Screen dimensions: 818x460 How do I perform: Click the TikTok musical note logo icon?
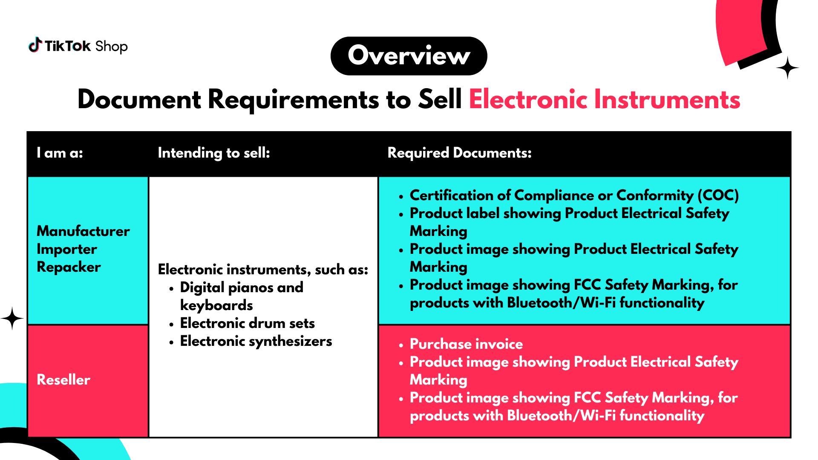35,45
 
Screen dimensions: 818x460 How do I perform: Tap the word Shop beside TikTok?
111,46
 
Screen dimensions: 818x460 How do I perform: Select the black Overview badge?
409,56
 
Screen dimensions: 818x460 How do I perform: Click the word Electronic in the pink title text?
528,100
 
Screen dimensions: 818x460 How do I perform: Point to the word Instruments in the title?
667,100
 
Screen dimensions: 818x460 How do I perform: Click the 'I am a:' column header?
60,153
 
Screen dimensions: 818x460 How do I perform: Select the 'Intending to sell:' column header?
214,153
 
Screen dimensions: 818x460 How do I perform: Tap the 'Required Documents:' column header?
460,153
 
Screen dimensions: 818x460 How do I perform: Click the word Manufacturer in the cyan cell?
84,231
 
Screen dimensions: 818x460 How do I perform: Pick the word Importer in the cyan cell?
67,249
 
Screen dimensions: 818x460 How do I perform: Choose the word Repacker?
69,267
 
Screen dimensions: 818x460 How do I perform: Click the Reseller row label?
63,380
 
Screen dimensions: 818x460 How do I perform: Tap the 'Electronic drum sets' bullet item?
248,323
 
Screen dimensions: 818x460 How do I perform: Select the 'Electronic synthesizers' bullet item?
256,341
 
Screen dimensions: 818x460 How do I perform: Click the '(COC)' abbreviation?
718,195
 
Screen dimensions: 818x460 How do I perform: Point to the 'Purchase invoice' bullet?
467,344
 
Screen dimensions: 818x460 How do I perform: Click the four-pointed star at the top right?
787,68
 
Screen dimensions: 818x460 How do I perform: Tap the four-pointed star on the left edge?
12,318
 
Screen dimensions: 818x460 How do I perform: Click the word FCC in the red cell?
588,398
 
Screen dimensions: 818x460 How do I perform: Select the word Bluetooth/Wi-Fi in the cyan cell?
562,303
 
